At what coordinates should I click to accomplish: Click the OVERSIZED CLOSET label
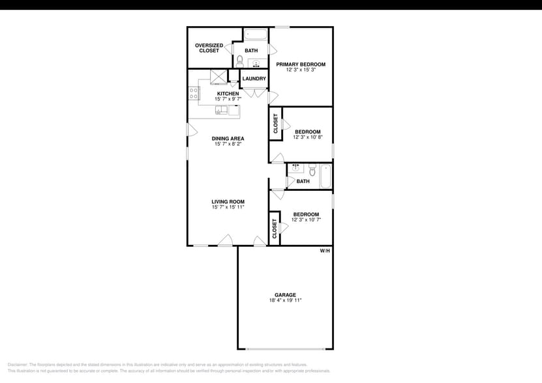pyautogui.click(x=209, y=48)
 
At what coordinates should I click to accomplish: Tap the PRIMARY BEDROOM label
pyautogui.click(x=301, y=64)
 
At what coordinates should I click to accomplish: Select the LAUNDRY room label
pyautogui.click(x=254, y=79)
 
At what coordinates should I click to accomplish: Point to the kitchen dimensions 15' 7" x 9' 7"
pyautogui.click(x=228, y=99)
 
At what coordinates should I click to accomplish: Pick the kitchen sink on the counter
pyautogui.click(x=222, y=110)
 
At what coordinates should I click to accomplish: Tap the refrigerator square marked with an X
pyautogui.click(x=218, y=76)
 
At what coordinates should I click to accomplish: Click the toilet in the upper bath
pyautogui.click(x=240, y=61)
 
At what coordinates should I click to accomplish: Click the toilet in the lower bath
pyautogui.click(x=312, y=171)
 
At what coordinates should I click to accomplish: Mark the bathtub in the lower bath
pyautogui.click(x=325, y=176)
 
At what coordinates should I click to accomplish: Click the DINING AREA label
pyautogui.click(x=228, y=138)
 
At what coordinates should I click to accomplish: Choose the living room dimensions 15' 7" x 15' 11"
pyautogui.click(x=228, y=207)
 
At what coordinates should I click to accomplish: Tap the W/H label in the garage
pyautogui.click(x=325, y=251)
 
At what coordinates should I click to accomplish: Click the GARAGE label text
pyautogui.click(x=285, y=295)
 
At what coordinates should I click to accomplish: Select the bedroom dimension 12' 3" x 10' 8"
pyautogui.click(x=308, y=137)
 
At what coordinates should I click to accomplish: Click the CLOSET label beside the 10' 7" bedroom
pyautogui.click(x=275, y=227)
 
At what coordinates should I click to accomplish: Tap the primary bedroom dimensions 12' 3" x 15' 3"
pyautogui.click(x=301, y=70)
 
